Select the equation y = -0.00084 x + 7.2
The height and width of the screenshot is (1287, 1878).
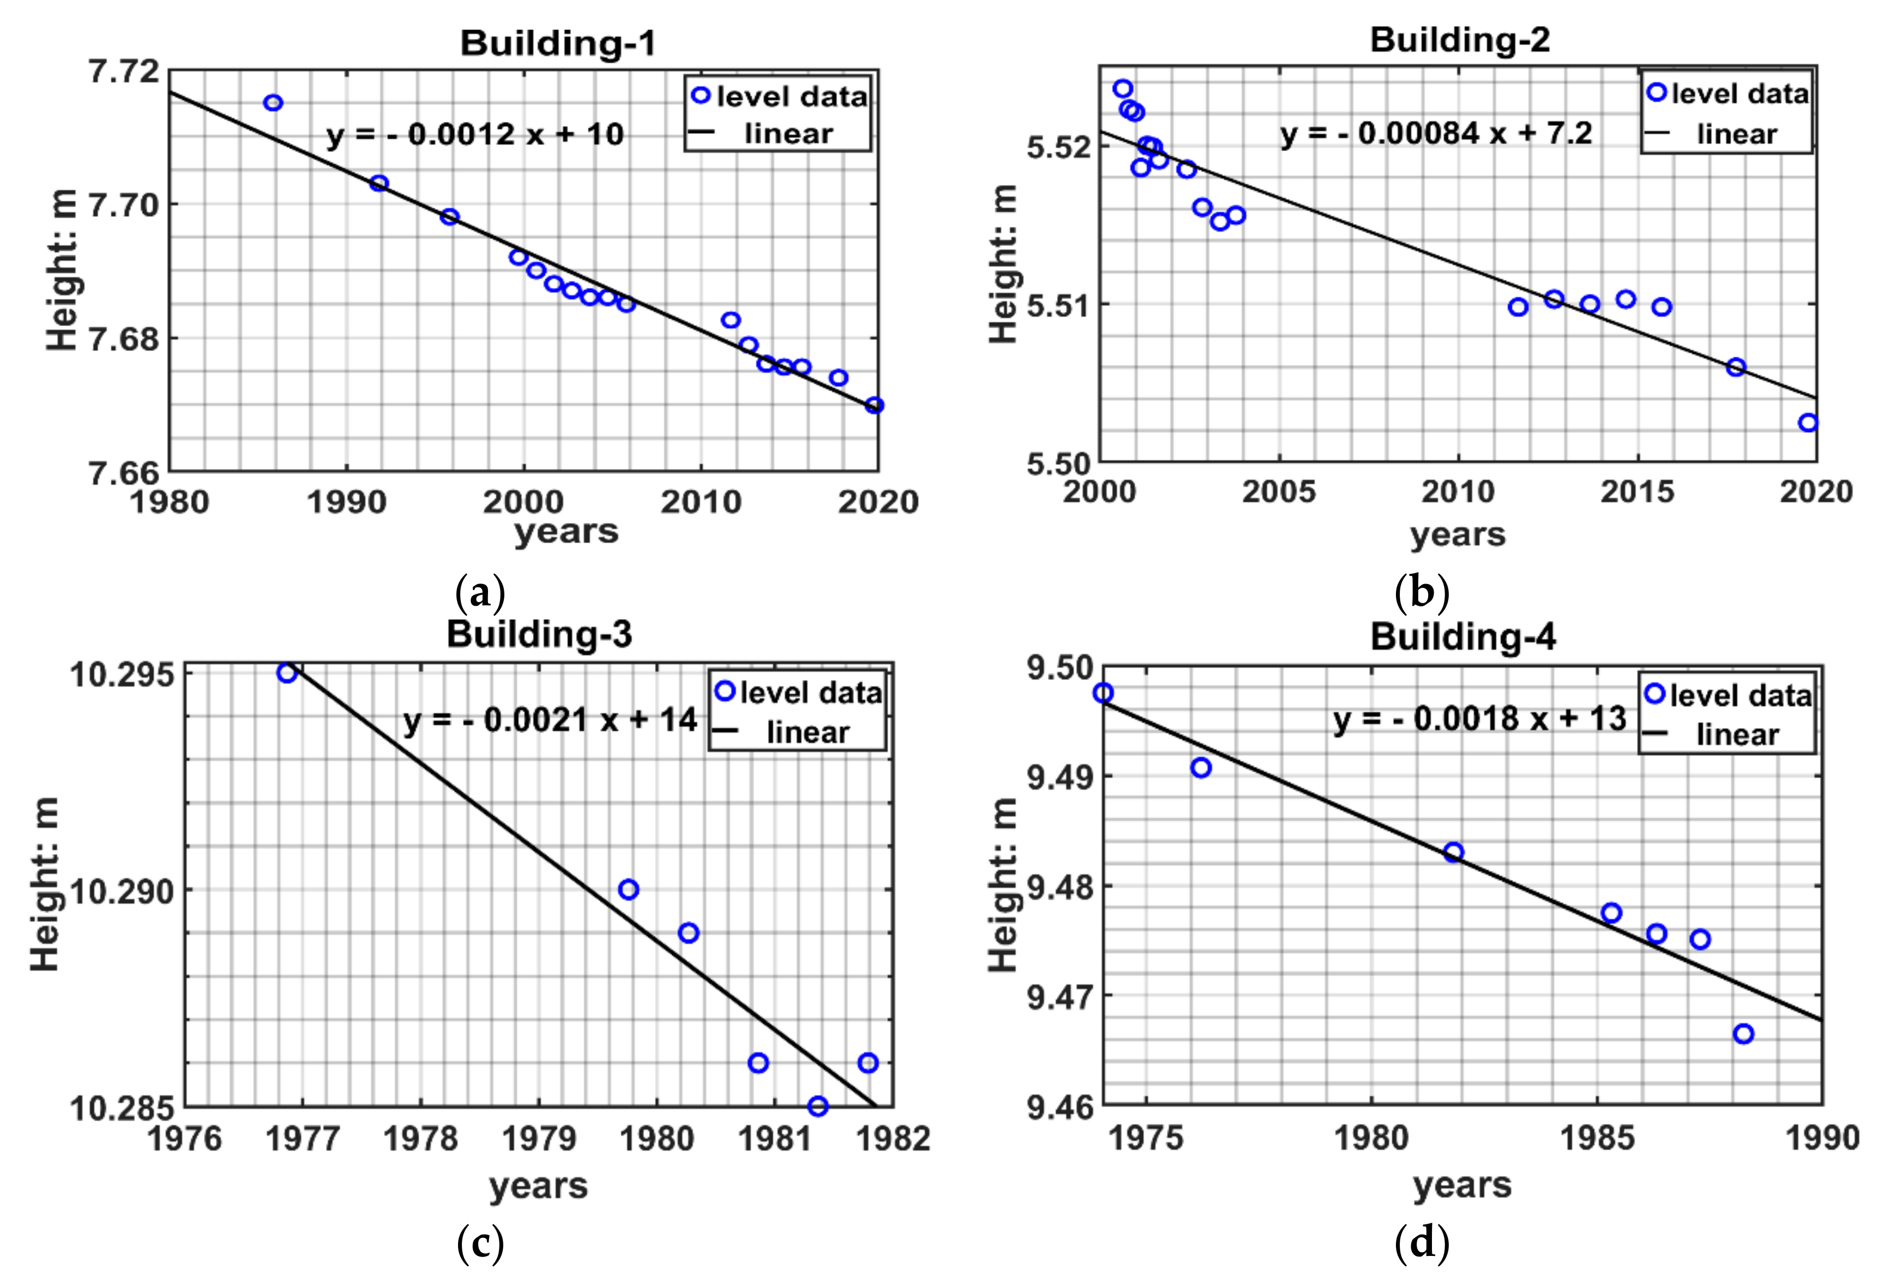(x=1436, y=133)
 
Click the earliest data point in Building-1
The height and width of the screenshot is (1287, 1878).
(x=273, y=103)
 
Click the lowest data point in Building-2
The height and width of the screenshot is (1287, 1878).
(x=1808, y=423)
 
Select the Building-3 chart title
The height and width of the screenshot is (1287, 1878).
(x=539, y=634)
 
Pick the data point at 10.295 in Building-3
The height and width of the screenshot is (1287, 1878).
(x=287, y=673)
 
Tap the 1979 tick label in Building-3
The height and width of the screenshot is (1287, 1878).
(x=539, y=1138)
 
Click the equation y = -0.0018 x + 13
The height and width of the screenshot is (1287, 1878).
(x=1479, y=718)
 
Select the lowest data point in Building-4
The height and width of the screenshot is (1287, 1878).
(x=1743, y=1034)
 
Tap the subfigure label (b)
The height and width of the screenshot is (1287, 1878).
(x=1422, y=592)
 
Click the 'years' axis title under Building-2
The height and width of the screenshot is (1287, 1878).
(x=1458, y=534)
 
